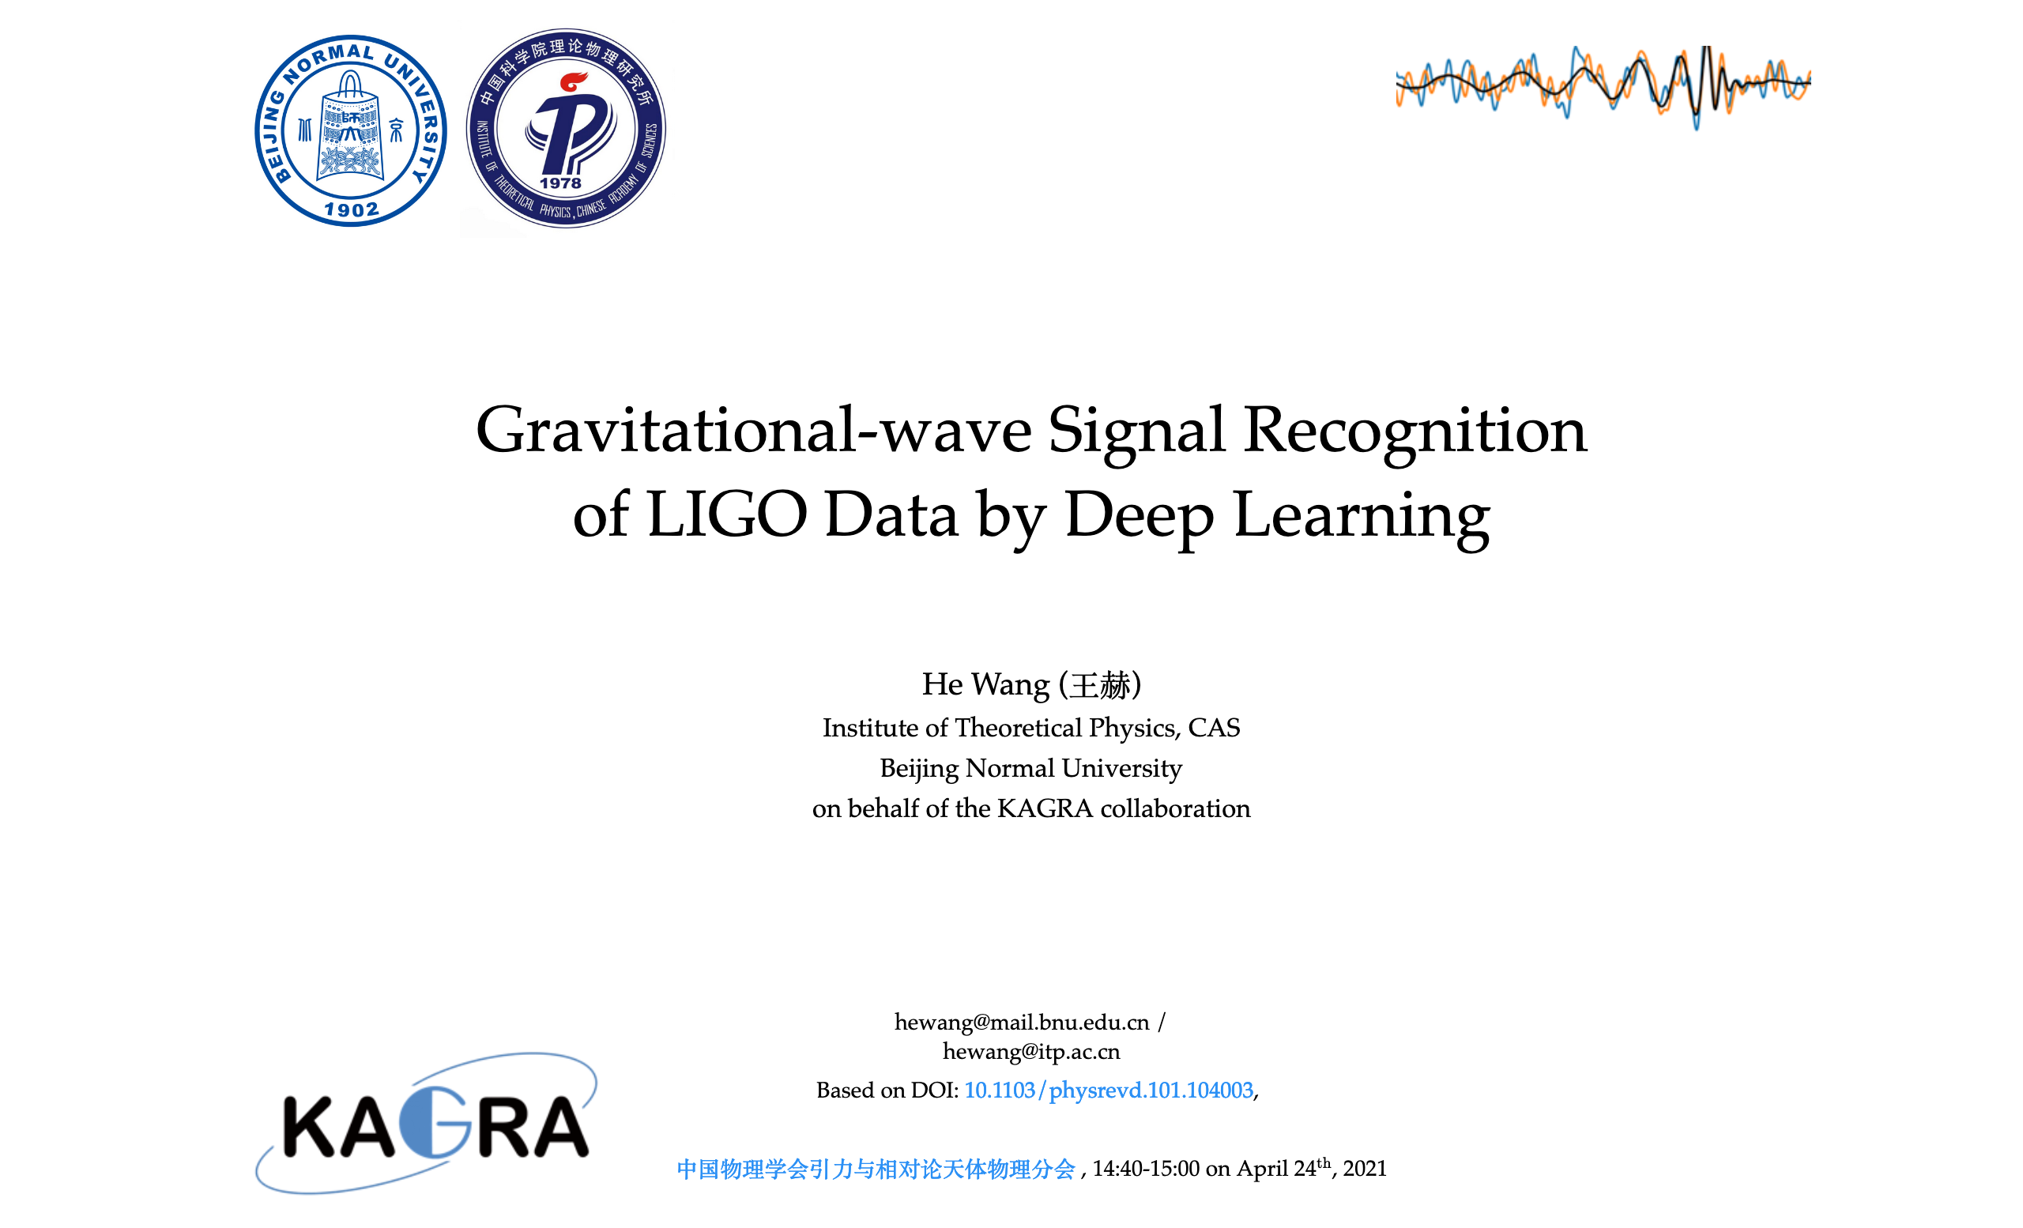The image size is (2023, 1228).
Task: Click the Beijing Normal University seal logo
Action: point(351,131)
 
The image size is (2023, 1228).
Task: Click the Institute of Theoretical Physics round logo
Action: point(566,129)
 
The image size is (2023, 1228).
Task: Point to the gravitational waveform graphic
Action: point(1603,85)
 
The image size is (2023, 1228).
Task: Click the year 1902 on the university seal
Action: point(352,210)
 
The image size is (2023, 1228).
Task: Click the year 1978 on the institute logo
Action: point(561,183)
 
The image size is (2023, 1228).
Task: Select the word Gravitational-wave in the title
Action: point(753,430)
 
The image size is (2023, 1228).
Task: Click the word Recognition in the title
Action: point(1414,430)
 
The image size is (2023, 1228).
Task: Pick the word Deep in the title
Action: point(1139,514)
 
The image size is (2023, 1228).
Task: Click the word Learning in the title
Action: point(1362,514)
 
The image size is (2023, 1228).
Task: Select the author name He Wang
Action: point(985,684)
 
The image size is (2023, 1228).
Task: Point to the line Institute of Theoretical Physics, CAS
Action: point(1031,728)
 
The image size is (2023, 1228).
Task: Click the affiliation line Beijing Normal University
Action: point(1031,768)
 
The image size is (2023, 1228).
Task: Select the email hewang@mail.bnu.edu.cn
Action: point(1021,1022)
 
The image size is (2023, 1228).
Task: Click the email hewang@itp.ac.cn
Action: point(1031,1052)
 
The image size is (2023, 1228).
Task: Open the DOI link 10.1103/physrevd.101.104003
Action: point(1109,1090)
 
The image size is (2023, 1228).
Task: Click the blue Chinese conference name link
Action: point(876,1169)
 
